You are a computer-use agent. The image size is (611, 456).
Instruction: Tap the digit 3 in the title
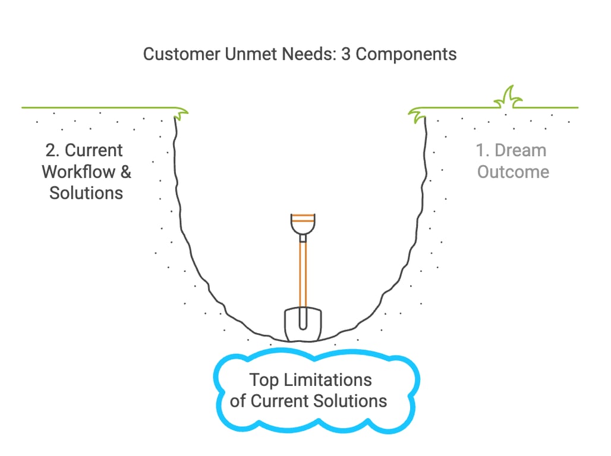click(346, 54)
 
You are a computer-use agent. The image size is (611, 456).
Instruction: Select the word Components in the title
click(407, 54)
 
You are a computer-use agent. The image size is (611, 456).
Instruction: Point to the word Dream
click(521, 151)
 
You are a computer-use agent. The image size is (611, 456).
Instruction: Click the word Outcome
click(513, 172)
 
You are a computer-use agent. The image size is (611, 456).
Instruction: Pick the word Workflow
click(78, 172)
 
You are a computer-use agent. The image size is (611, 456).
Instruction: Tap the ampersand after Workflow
click(125, 172)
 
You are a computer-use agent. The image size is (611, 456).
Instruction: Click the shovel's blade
click(303, 324)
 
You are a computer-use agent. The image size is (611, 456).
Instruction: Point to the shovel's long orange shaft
click(303, 273)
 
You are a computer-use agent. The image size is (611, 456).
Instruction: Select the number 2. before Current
click(52, 151)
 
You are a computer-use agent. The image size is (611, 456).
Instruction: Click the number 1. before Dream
click(483, 151)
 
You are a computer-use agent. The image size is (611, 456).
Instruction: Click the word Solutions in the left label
click(86, 193)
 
